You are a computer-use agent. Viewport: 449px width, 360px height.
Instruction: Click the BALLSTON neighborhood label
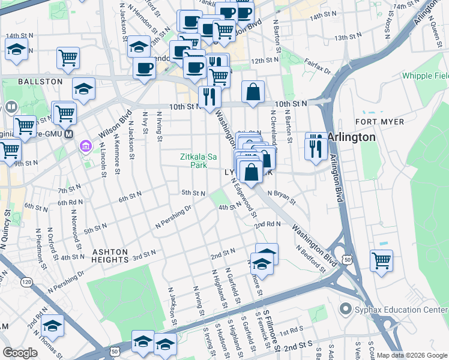pyautogui.click(x=40, y=81)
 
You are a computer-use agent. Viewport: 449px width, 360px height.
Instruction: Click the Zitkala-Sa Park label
pyautogui.click(x=198, y=160)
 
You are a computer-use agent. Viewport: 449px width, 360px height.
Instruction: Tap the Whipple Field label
pyautogui.click(x=425, y=76)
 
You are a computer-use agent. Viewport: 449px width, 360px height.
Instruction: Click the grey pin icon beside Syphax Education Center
pyautogui.click(x=345, y=310)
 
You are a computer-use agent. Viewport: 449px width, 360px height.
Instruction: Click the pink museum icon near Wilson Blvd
pyautogui.click(x=85, y=146)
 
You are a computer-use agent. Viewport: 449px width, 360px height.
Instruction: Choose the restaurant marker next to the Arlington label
pyautogui.click(x=316, y=146)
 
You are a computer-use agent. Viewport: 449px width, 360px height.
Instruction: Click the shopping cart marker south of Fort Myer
pyautogui.click(x=381, y=261)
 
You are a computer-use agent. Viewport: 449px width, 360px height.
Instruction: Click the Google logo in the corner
pyautogui.click(x=20, y=353)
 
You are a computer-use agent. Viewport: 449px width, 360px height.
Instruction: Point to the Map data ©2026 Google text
pyautogui.click(x=411, y=355)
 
